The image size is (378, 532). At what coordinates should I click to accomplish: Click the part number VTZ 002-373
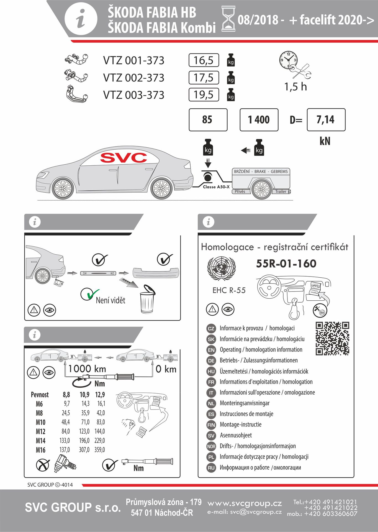133,78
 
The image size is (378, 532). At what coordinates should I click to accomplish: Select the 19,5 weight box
204,95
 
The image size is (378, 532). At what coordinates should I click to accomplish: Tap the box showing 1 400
259,120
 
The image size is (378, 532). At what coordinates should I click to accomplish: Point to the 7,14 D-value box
326,120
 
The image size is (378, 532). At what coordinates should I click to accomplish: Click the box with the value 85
208,120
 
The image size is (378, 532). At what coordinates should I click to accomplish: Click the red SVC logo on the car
124,158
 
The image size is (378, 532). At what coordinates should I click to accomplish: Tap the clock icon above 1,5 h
288,60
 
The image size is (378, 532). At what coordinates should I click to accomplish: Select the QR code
332,338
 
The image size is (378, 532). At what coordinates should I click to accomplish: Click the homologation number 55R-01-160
286,264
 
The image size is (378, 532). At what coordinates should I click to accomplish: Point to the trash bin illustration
147,300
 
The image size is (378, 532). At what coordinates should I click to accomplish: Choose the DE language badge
211,360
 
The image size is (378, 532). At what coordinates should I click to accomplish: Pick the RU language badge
211,468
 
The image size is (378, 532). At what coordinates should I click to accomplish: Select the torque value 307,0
84,450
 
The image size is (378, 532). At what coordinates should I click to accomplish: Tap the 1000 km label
87,369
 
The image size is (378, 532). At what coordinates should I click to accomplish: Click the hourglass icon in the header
228,19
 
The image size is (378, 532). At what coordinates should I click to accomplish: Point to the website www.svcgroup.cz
245,503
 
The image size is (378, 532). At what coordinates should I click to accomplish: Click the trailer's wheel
261,190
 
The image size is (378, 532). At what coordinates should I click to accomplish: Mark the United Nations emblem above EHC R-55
221,268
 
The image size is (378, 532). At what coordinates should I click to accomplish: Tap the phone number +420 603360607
331,514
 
